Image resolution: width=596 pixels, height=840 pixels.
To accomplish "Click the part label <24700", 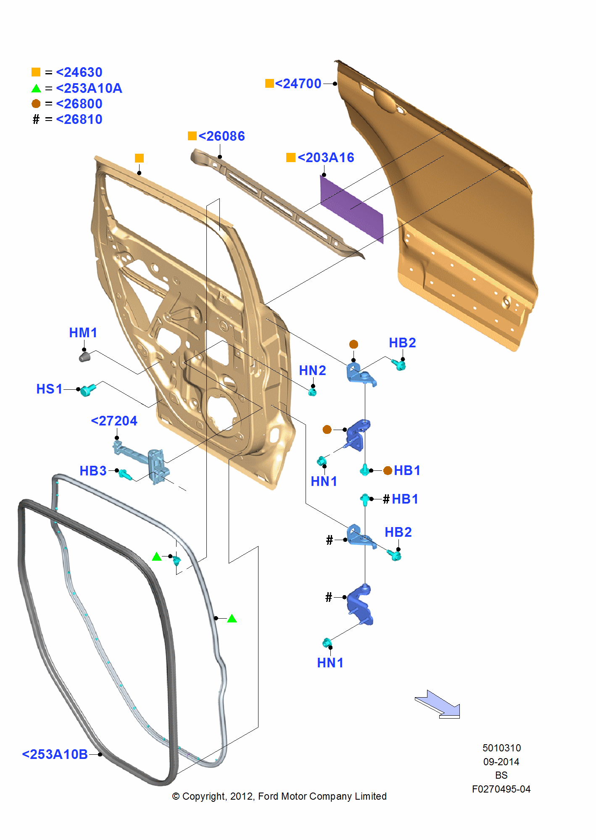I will (x=298, y=84).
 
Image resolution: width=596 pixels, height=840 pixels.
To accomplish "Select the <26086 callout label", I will (x=222, y=136).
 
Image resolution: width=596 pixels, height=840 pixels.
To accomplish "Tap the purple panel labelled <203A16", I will (x=351, y=209).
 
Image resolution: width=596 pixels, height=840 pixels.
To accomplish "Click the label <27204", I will (x=114, y=421).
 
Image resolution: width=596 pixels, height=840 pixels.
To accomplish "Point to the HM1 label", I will (x=83, y=333).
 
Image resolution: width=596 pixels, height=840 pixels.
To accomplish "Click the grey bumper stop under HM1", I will (x=85, y=357).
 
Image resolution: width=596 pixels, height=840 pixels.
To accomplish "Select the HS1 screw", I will (x=88, y=390).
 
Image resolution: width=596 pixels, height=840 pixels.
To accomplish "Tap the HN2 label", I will (x=312, y=370).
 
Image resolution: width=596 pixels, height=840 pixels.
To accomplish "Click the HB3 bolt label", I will (x=93, y=471).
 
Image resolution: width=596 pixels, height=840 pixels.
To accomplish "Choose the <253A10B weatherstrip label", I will (x=55, y=754).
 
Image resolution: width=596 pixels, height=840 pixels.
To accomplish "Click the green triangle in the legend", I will (x=36, y=88).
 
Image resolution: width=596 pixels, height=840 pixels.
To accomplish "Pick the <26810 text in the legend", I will (x=79, y=119).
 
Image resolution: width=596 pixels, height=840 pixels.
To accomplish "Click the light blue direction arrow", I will (x=439, y=704).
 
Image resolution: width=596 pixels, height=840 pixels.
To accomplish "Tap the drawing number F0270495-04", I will (x=501, y=789).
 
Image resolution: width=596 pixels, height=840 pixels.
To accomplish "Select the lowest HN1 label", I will (x=330, y=663).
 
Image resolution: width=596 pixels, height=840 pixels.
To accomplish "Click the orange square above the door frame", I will (x=139, y=158).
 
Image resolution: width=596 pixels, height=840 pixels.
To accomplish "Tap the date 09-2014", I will (x=501, y=762).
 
